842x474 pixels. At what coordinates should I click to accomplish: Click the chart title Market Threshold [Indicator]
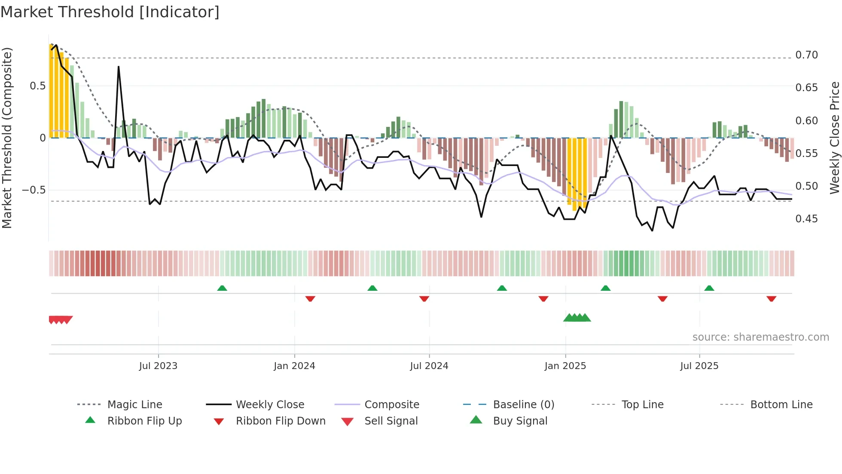tap(110, 12)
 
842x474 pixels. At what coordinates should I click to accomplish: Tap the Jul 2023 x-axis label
tap(158, 366)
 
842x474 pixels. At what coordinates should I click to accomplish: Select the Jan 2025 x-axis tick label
tap(565, 366)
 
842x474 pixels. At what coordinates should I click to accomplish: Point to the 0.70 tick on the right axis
tap(806, 55)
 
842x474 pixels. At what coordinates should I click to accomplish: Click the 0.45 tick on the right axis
tap(806, 219)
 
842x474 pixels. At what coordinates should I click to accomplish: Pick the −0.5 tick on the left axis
tap(34, 190)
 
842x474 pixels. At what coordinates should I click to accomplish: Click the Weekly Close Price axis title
tap(834, 138)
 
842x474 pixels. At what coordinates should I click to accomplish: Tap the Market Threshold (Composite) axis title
tap(7, 138)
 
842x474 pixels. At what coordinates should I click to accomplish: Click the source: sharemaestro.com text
tap(760, 337)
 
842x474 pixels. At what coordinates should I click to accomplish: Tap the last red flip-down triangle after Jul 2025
tap(771, 299)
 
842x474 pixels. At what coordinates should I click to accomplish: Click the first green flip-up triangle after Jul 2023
tap(222, 288)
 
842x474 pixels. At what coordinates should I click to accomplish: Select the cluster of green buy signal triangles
tap(577, 318)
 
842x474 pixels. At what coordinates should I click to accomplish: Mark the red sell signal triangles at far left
tap(60, 320)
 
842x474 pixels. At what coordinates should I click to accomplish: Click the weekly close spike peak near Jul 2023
tap(119, 67)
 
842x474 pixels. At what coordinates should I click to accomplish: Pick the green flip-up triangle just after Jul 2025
tap(709, 288)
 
